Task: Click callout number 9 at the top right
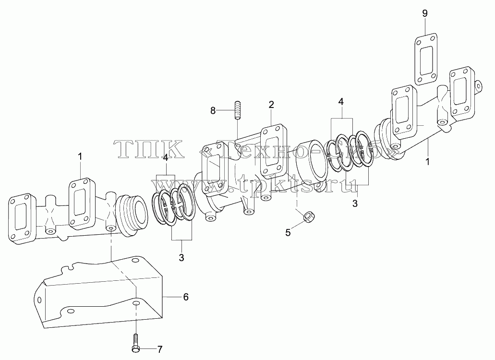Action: [x=424, y=13]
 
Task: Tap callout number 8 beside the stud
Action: [x=213, y=110]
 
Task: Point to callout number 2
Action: [x=271, y=105]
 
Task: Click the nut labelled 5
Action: [x=307, y=217]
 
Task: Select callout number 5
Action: [x=288, y=232]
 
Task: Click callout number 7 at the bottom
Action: [x=160, y=349]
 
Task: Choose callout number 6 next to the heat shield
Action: [x=186, y=297]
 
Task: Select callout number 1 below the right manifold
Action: [x=427, y=162]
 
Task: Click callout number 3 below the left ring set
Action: [x=181, y=257]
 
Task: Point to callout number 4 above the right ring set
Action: [x=340, y=101]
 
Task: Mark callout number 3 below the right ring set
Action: [x=355, y=204]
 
